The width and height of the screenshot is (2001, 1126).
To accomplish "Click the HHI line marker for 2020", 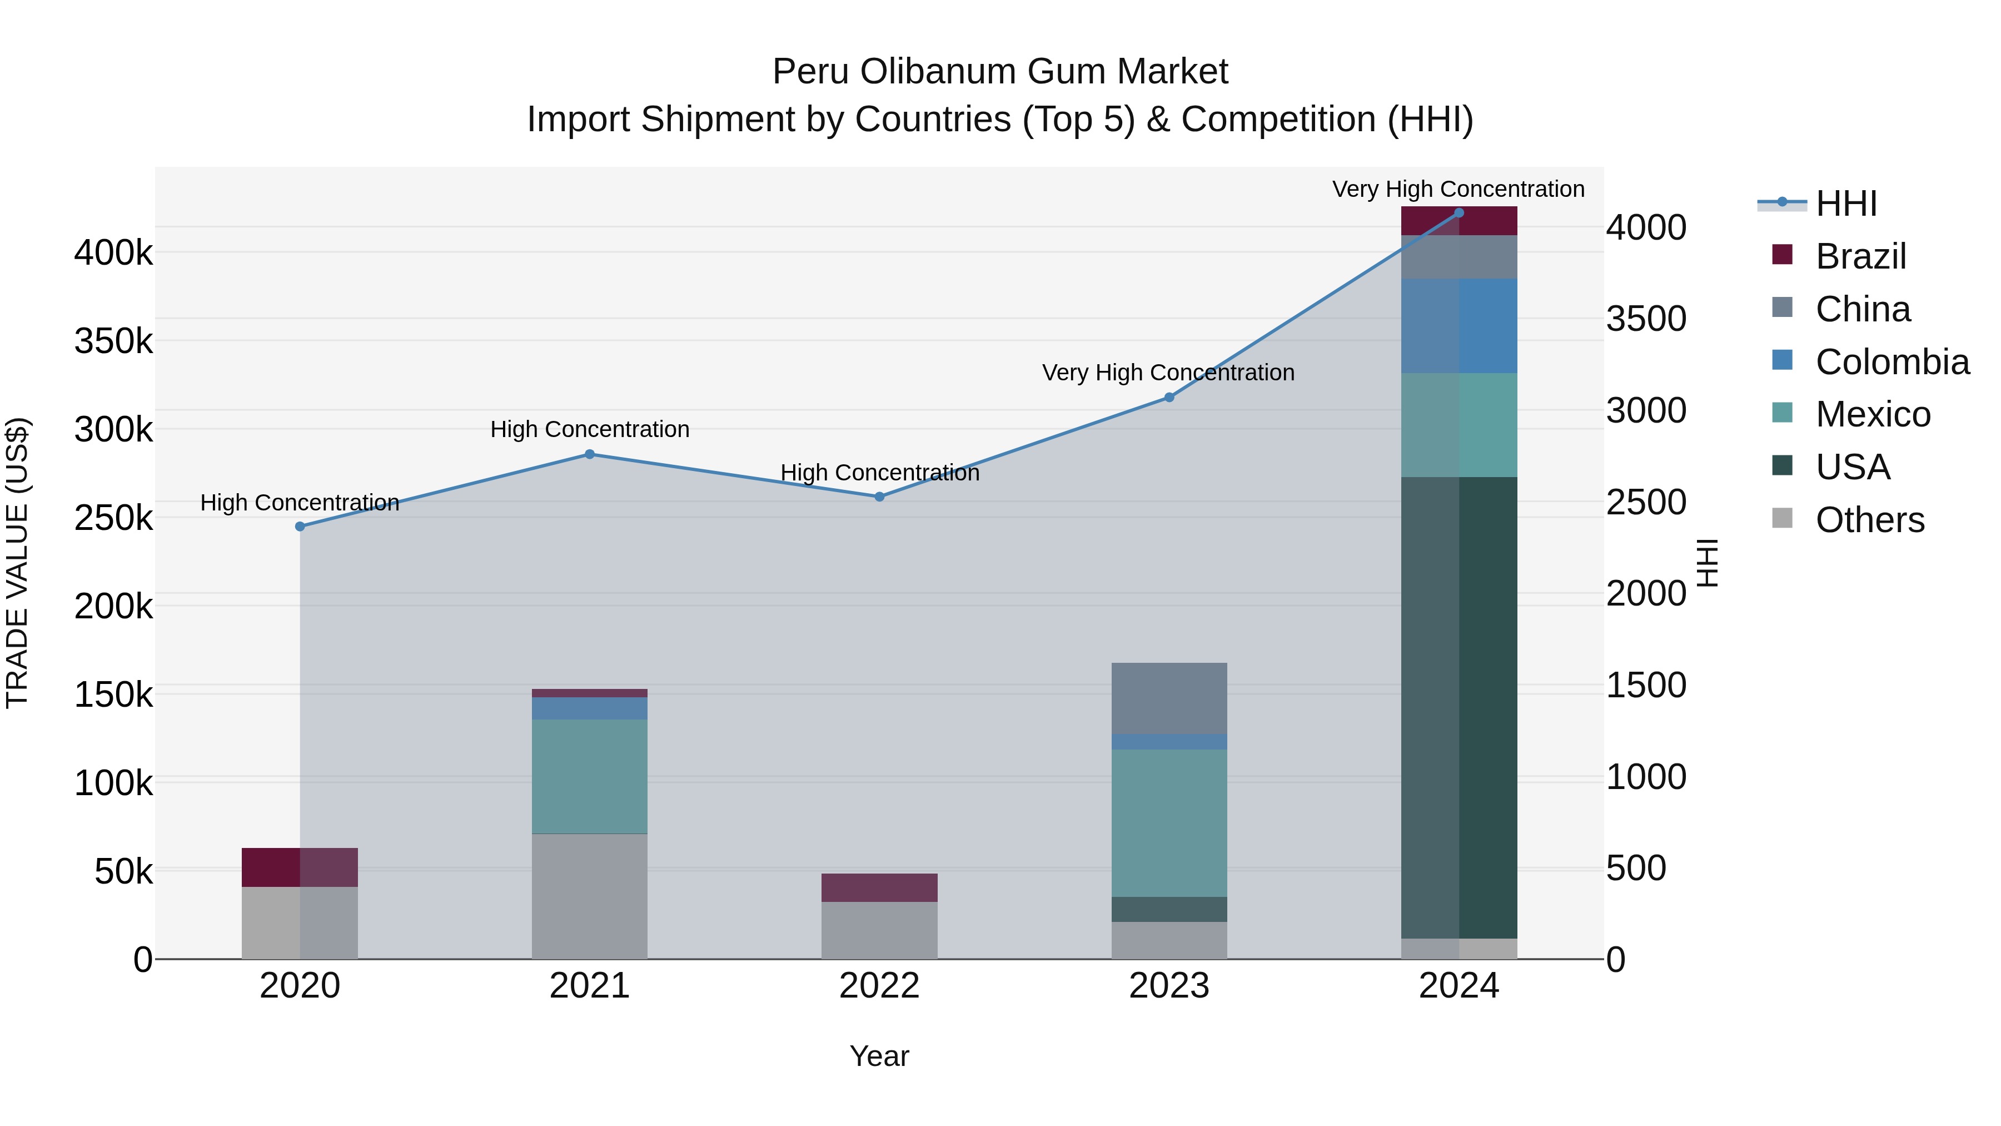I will pos(300,526).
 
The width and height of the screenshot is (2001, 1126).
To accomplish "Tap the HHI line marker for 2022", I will pos(879,497).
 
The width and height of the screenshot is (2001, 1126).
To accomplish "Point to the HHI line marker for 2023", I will pos(1169,397).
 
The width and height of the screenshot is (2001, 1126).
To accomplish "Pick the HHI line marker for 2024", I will pos(1459,212).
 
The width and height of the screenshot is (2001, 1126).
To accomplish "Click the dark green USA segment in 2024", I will pos(1459,707).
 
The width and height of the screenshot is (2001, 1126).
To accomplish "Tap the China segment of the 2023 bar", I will pos(1169,697).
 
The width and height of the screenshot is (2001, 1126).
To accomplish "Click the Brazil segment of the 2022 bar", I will pos(879,887).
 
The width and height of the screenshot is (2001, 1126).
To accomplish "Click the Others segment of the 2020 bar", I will pos(300,922).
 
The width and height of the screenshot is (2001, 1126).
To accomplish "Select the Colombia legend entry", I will pos(1892,362).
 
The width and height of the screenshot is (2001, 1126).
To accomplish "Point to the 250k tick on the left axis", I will pos(113,518).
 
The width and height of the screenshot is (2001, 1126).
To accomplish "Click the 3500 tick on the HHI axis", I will pos(1646,319).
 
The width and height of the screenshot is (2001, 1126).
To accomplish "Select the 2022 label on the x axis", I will pos(879,986).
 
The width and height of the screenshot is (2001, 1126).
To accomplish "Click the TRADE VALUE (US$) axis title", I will pos(17,563).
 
